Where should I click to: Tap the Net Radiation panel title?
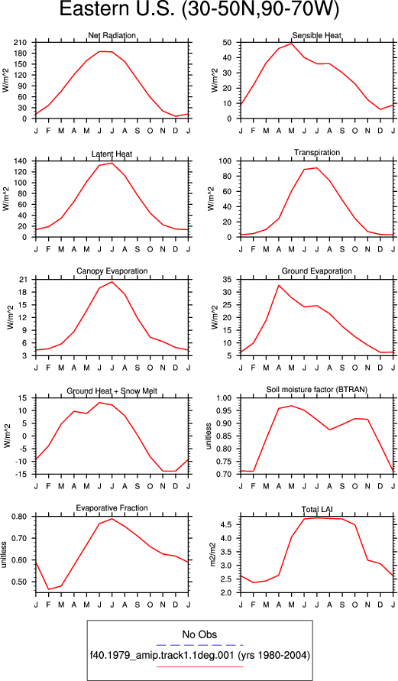click(x=112, y=35)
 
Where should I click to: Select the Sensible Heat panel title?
click(x=317, y=35)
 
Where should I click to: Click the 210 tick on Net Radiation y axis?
click(x=21, y=43)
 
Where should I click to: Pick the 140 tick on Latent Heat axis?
click(x=21, y=161)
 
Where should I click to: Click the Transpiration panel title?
click(x=317, y=152)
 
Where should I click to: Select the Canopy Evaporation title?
click(x=112, y=271)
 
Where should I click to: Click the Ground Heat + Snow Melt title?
click(x=112, y=391)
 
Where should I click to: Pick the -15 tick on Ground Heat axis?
click(x=21, y=475)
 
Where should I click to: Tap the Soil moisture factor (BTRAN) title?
click(x=317, y=390)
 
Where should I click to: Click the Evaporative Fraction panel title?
click(x=112, y=508)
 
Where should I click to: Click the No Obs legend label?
click(x=199, y=634)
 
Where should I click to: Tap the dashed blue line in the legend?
click(x=199, y=645)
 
